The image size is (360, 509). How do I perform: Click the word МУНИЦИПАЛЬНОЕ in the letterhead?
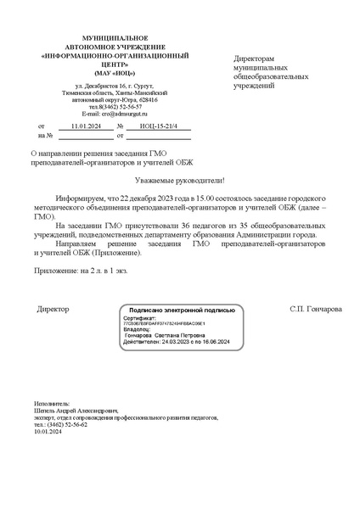click(x=115, y=39)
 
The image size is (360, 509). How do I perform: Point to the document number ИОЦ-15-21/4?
click(x=158, y=125)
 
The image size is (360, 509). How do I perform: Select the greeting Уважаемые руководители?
click(x=179, y=180)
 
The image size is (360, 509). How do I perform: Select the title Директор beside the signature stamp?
click(x=53, y=309)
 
